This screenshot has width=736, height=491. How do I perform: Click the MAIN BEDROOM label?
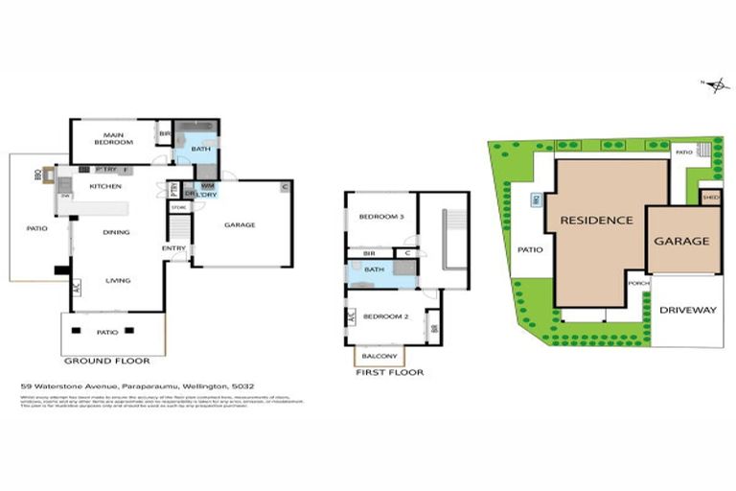coord(112,139)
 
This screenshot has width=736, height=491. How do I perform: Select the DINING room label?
coord(117,232)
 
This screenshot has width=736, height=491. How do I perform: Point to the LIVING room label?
coord(117,280)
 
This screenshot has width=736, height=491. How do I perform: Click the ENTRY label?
coord(174,248)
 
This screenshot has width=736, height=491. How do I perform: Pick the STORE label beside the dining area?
coord(177,206)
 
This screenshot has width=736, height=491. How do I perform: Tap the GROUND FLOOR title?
coord(106,362)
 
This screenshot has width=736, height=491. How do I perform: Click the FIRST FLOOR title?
coord(389,372)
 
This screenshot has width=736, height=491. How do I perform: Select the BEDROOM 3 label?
coord(381,218)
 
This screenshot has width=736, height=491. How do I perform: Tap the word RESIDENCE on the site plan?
coord(596,220)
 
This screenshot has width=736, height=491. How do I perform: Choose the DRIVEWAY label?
coord(688,310)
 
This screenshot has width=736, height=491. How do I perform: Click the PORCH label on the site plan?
coord(638,284)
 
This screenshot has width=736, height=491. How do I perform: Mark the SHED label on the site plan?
coord(710,198)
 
